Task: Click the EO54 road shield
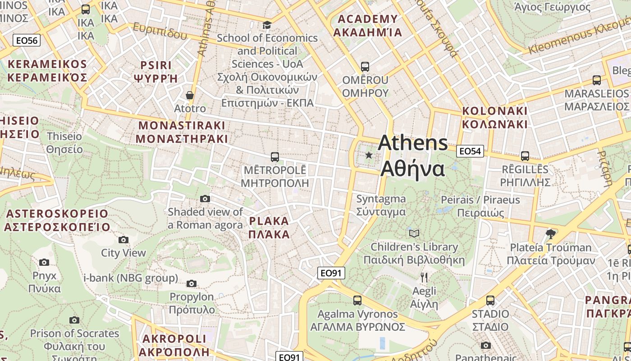[470, 151]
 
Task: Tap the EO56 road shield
[27, 41]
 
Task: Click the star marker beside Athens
[369, 155]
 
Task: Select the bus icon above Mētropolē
[274, 157]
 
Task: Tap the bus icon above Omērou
[365, 67]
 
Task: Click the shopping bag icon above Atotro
[190, 95]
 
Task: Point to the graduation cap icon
[267, 25]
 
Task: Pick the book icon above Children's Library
[414, 233]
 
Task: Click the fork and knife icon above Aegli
[424, 277]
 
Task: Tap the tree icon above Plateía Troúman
[550, 234]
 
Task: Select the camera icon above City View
[123, 240]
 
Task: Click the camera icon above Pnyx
[44, 262]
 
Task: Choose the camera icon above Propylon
[192, 283]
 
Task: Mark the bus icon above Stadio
[490, 300]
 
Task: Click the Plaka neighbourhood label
[269, 227]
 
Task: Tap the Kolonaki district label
[494, 117]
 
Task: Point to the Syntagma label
[381, 205]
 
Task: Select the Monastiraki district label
[182, 132]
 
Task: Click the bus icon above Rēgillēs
[525, 156]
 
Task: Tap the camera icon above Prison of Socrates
[74, 320]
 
